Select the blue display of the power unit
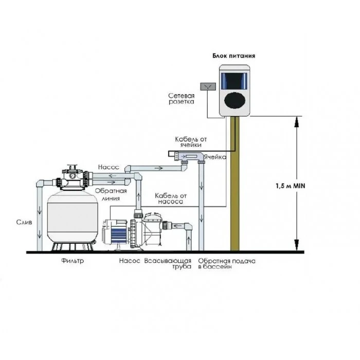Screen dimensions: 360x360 (x=234, y=79)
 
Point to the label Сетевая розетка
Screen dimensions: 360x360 (x=181, y=99)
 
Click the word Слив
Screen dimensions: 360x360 (x=24, y=222)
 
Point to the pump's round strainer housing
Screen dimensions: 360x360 (x=155, y=230)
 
